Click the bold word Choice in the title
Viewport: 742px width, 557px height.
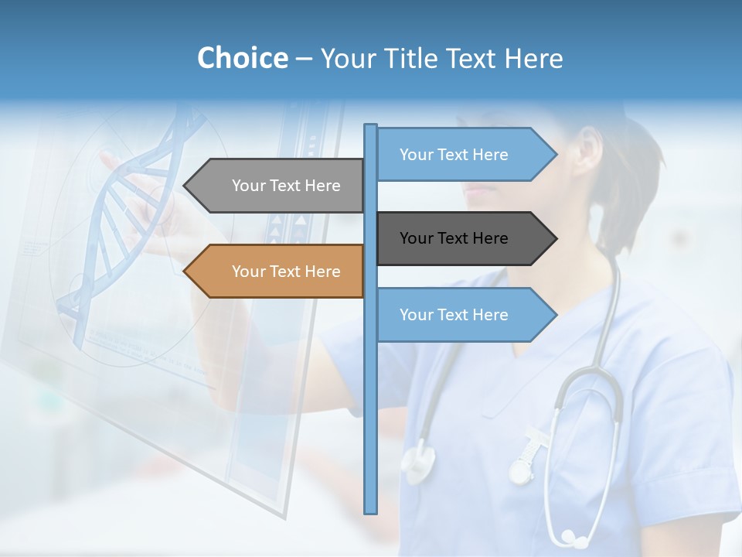point(242,58)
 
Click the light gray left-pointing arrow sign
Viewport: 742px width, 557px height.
point(274,186)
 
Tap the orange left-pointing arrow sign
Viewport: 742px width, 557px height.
point(274,272)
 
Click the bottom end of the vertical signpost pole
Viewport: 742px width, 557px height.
point(371,511)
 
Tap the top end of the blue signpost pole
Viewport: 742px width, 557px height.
point(371,126)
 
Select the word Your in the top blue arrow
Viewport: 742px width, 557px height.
point(416,155)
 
